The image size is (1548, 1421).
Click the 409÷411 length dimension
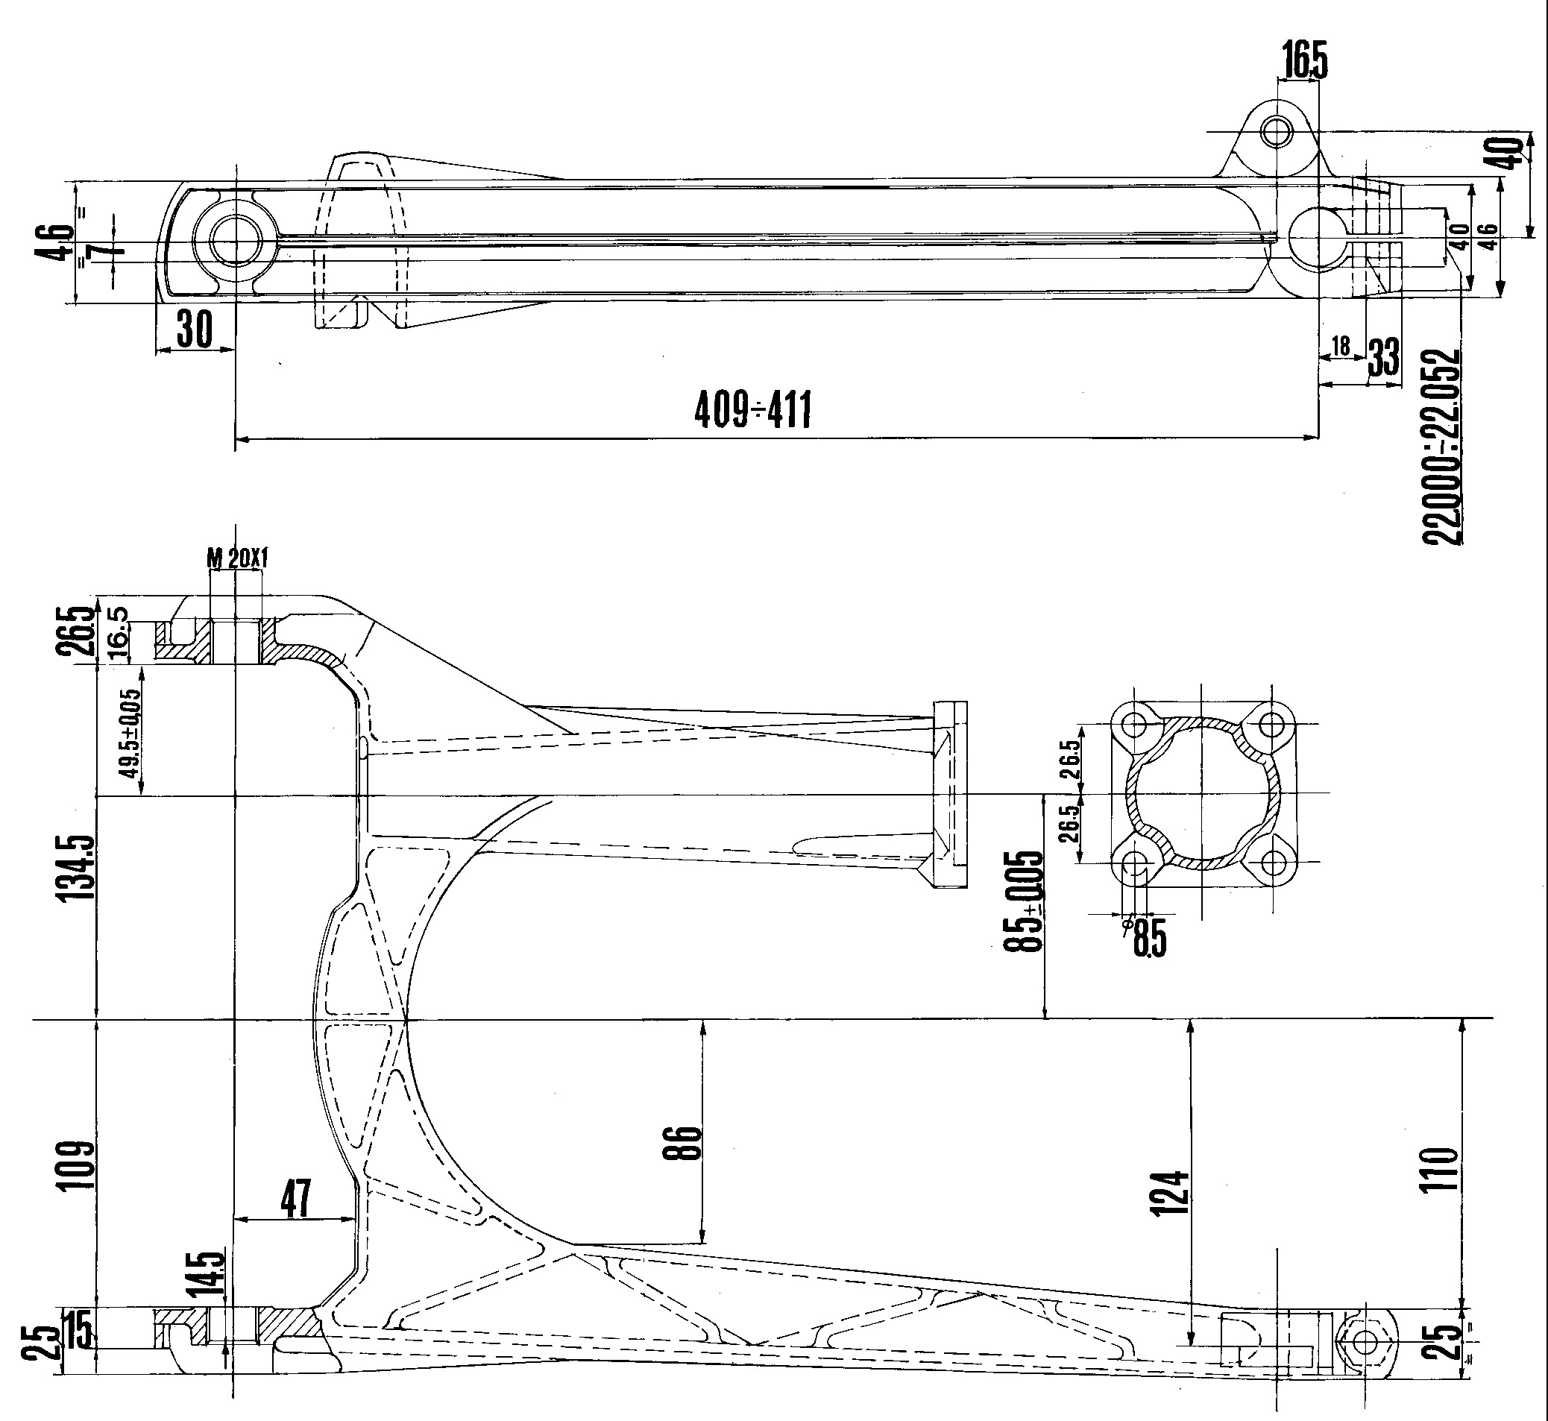[753, 410]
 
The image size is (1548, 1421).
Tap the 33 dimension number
[1383, 357]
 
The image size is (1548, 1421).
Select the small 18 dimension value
[1341, 346]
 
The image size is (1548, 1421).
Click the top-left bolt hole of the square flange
[1133, 724]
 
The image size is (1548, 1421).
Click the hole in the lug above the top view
[1277, 131]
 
